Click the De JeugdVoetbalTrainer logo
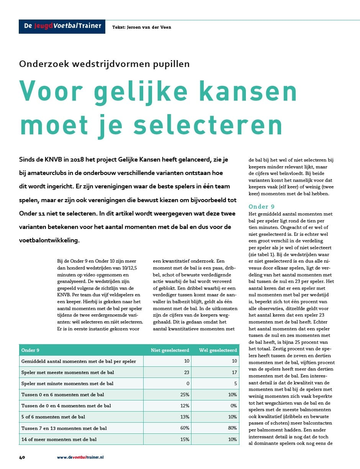pos(62,26)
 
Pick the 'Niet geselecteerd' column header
pos(170,350)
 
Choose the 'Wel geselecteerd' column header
pos(218,350)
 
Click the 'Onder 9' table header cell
pos(30,350)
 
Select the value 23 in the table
pos(187,372)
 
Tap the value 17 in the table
pos(234,372)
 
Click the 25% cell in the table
pos(185,394)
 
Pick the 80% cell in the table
pos(232,428)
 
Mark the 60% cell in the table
pos(185,428)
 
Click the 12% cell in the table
pos(185,405)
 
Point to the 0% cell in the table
pos(233,405)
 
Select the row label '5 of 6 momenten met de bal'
pos(53,417)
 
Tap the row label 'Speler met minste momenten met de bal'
pos(67,383)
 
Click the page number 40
pos(22,457)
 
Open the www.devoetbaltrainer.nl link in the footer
pos(80,457)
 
